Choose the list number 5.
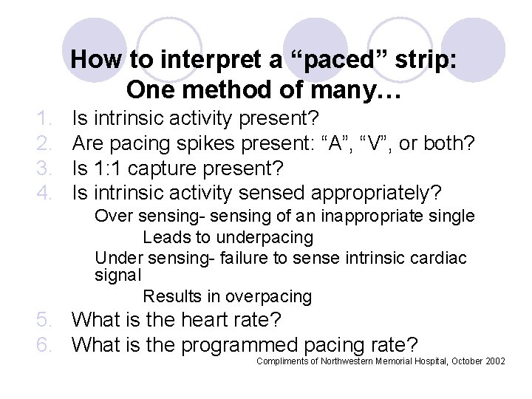[46, 321]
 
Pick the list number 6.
[46, 345]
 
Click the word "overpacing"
[270, 297]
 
